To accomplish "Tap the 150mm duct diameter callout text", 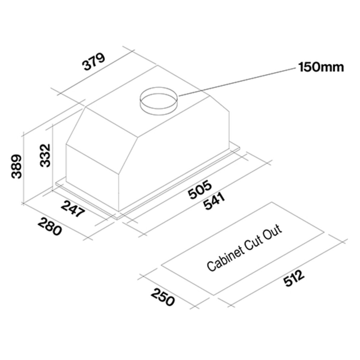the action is click(x=321, y=67).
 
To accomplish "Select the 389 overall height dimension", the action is click(x=17, y=167).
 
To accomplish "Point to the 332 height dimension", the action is click(x=45, y=155).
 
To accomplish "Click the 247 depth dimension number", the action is click(x=73, y=209).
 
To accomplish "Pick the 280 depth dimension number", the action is click(x=50, y=227).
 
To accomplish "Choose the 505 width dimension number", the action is click(x=199, y=190).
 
